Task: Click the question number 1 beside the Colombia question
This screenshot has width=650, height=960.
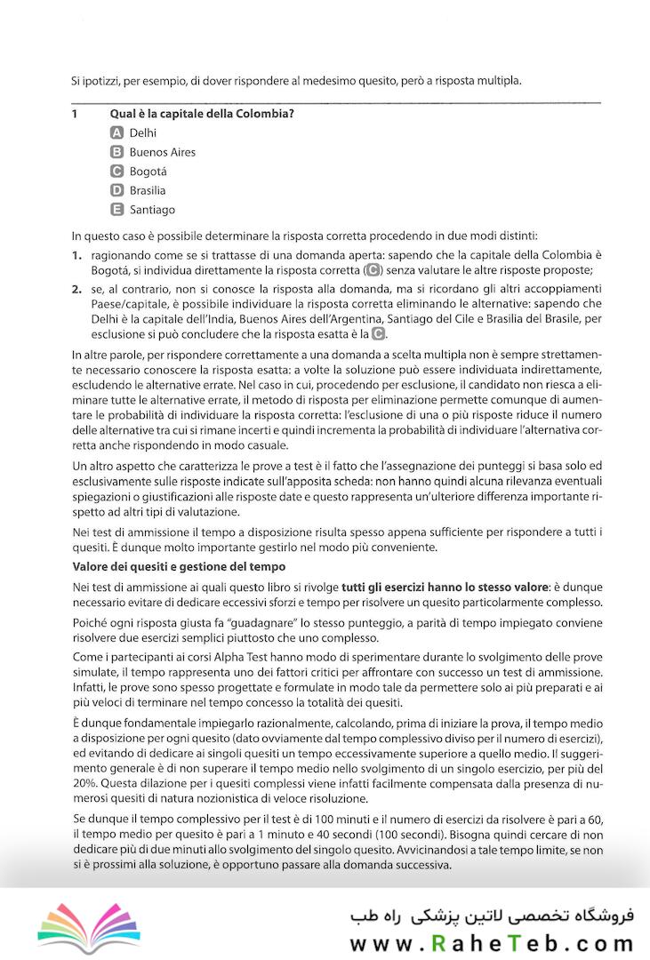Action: pyautogui.click(x=75, y=114)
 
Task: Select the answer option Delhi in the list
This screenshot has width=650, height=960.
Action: pyautogui.click(x=142, y=132)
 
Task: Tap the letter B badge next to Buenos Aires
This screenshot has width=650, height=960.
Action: pyautogui.click(x=116, y=152)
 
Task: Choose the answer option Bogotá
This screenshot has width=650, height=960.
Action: pyautogui.click(x=148, y=172)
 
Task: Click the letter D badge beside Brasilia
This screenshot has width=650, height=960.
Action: pyautogui.click(x=116, y=190)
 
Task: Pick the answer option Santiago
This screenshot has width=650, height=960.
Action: pyautogui.click(x=152, y=210)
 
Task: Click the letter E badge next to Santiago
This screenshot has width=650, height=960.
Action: pyautogui.click(x=116, y=210)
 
